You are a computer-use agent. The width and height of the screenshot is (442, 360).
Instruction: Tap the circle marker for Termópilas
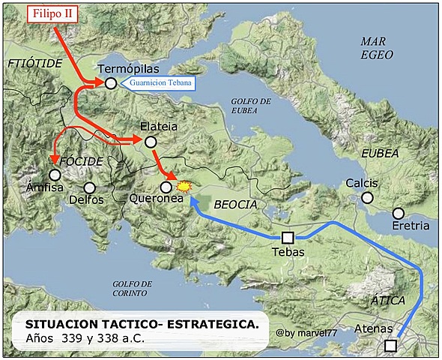click(x=110, y=83)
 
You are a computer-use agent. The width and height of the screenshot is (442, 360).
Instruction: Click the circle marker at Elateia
click(x=150, y=142)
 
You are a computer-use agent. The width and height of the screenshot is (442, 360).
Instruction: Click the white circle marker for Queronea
click(x=166, y=187)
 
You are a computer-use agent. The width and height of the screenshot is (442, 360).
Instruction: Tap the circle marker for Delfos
click(x=90, y=187)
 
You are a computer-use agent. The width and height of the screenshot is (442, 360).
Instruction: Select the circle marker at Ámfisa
click(x=55, y=174)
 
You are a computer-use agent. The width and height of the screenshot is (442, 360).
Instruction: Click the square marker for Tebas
click(x=288, y=238)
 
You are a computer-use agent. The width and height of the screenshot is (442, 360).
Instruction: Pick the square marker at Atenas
click(x=390, y=346)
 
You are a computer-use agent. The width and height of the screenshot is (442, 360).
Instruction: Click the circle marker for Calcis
click(x=367, y=197)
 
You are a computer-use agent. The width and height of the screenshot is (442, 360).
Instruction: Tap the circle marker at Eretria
click(x=398, y=213)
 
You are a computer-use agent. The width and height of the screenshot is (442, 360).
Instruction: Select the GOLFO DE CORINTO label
click(x=132, y=289)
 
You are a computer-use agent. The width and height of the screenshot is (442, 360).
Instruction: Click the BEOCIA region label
click(x=235, y=204)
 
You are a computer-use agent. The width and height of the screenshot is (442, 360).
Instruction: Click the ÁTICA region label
click(x=388, y=300)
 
